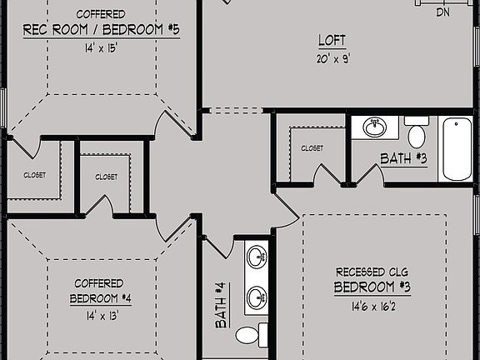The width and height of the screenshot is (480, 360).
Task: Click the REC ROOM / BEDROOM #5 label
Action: coord(102,31)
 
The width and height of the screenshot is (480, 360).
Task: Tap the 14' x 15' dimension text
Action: coord(102,48)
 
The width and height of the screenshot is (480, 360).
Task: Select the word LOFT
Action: coord(332,39)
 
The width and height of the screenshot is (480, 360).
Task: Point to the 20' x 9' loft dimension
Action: coord(332,57)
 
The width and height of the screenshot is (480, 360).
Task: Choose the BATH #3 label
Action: coord(404,158)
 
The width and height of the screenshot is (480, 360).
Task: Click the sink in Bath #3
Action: coord(376,127)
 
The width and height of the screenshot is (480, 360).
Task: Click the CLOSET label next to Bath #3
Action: coord(312,148)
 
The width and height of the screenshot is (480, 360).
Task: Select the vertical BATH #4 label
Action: coord(222,305)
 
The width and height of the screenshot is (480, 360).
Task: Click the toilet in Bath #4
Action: coord(250,336)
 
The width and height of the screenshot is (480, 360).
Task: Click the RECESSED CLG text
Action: coord(372,272)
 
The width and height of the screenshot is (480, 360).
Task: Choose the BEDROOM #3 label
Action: coord(372,287)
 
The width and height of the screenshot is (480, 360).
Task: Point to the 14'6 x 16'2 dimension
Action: coord(372,306)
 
